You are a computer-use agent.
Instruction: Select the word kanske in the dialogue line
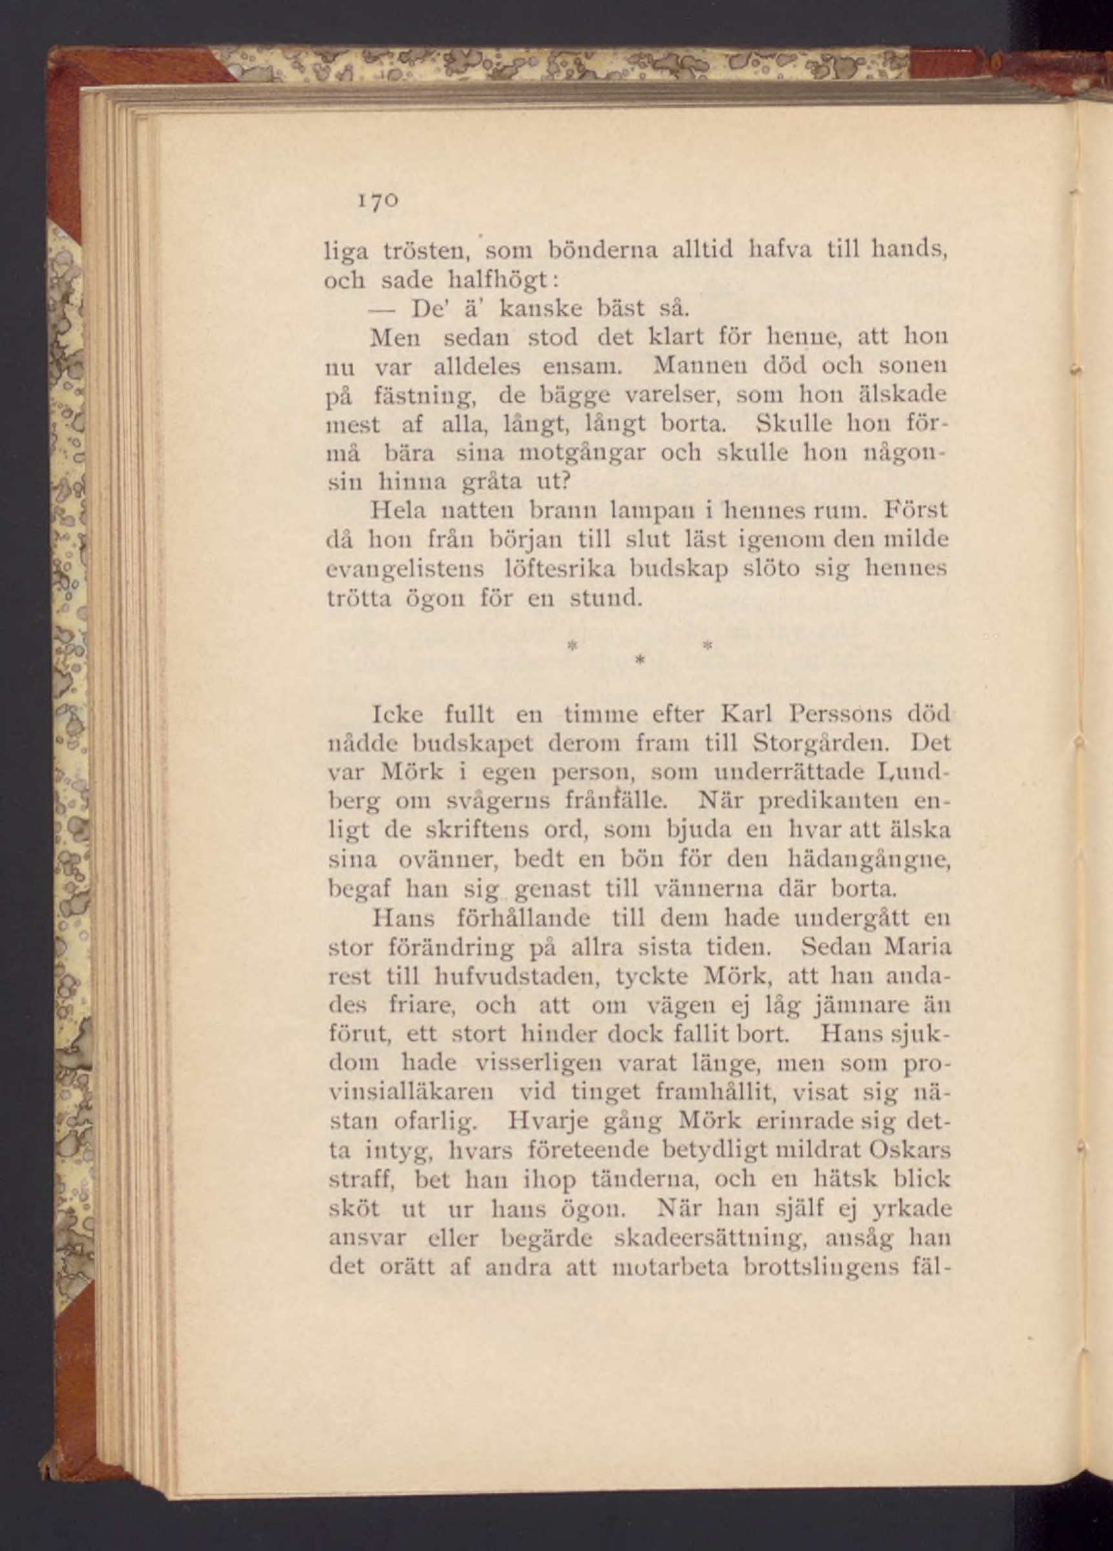tap(541, 309)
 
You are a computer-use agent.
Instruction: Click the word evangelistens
tap(407, 569)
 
